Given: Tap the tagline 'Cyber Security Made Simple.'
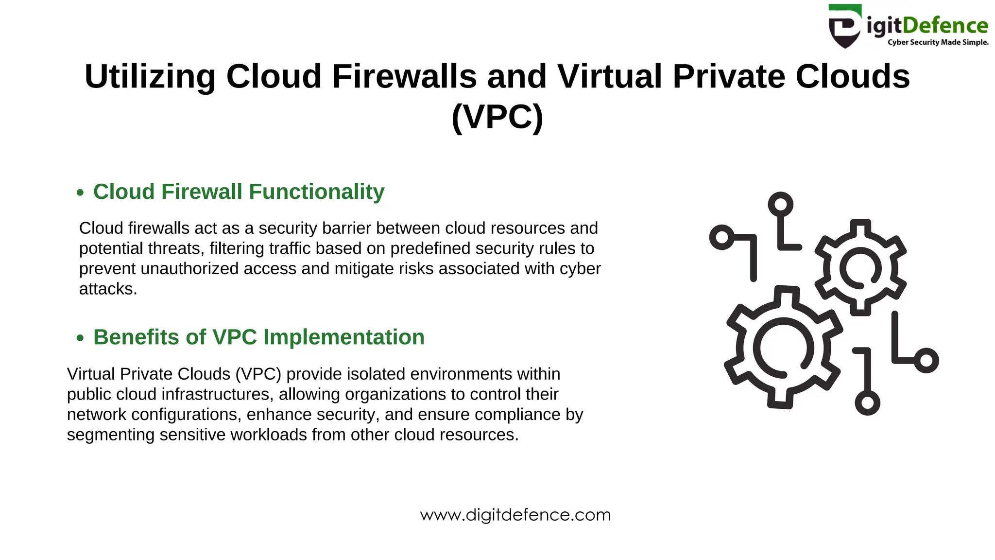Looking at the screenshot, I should pos(938,42).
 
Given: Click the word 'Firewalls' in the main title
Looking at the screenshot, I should pos(404,76).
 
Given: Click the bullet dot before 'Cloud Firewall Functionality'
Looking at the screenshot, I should pos(80,192).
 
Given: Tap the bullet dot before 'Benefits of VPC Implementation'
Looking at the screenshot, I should pos(80,338).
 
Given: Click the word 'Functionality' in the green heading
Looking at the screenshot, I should pos(317,192).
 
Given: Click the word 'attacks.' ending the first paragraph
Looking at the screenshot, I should pos(108,289).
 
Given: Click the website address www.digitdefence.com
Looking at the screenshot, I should pos(515,515).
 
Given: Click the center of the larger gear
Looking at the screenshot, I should pos(783,347).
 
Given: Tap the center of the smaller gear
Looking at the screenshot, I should pos(860,268).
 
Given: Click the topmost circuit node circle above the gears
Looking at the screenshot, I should pos(780,204).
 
